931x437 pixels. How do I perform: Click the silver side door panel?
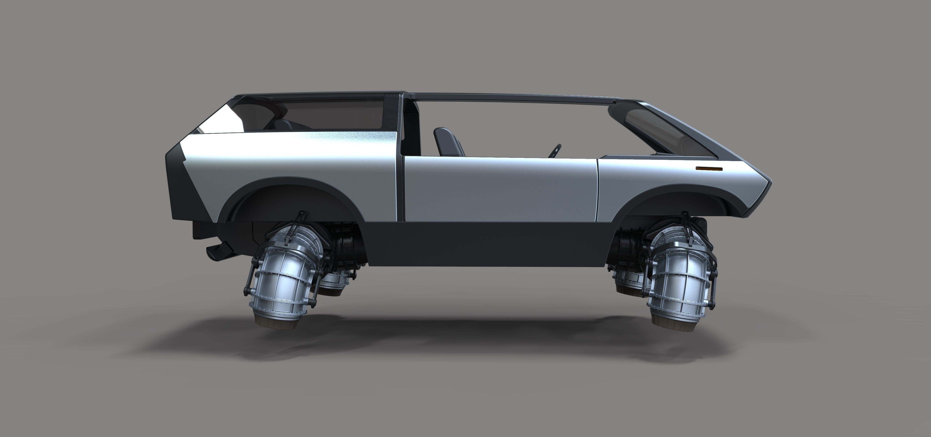[x=499, y=188]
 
